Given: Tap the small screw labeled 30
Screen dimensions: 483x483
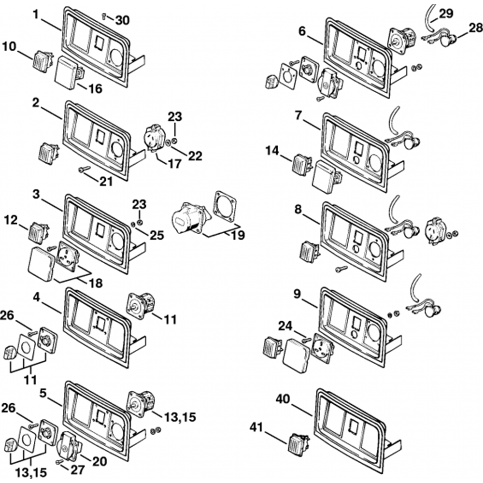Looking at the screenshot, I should pyautogui.click(x=104, y=16).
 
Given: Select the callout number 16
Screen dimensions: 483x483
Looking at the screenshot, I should pyautogui.click(x=96, y=89).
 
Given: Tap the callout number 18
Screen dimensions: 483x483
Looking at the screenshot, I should pyautogui.click(x=96, y=283).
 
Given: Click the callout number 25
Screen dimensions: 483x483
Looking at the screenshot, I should pyautogui.click(x=157, y=235).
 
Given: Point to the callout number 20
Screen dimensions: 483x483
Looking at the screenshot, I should pyautogui.click(x=99, y=462).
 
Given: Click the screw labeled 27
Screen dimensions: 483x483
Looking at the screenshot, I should pyautogui.click(x=60, y=461).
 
